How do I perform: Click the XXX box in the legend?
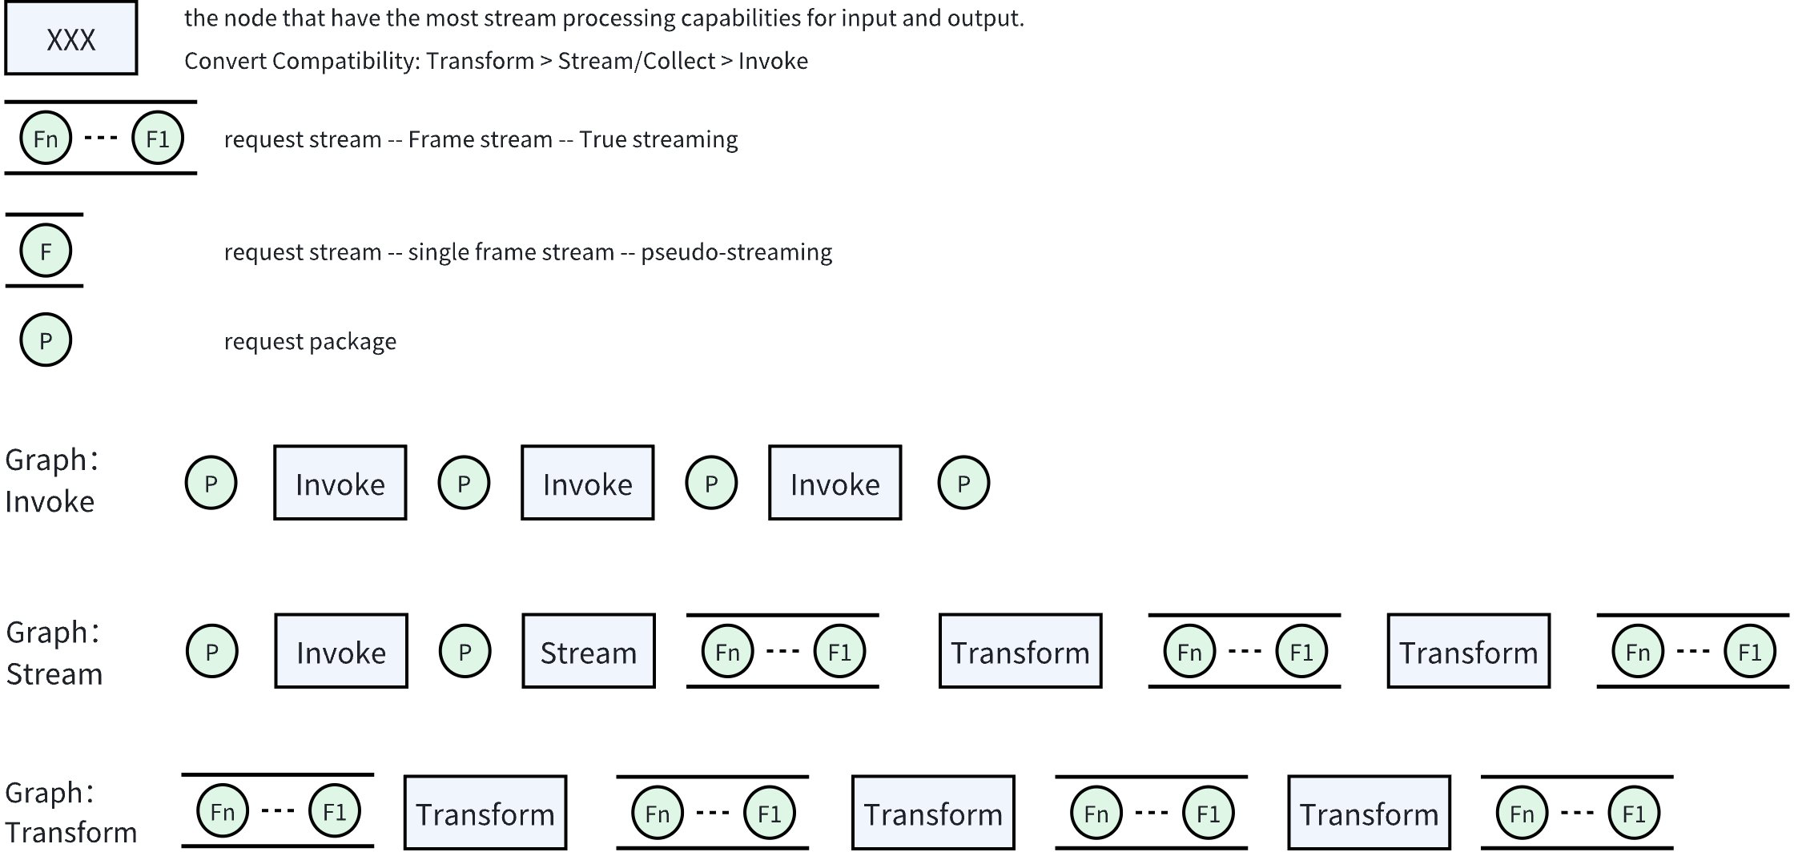coord(71,38)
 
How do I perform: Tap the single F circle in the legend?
coord(46,251)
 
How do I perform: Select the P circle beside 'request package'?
coord(46,340)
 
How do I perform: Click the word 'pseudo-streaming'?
coord(736,252)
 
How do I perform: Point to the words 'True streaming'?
coord(658,139)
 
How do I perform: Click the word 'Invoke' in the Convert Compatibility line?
coord(773,61)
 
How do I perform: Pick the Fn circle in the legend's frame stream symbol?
coord(46,139)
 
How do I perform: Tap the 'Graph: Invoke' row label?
coord(50,480)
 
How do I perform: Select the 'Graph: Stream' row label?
coord(54,653)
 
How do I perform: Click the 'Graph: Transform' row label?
coord(70,813)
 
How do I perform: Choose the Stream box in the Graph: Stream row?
coord(589,652)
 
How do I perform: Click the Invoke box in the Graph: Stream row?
coord(341,652)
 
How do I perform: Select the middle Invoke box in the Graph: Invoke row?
coord(588,483)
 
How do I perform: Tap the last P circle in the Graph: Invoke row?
coord(963,483)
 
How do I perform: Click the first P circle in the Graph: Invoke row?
coord(211,483)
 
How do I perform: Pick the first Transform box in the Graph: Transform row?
coord(485,813)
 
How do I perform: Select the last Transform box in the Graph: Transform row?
coord(1369,813)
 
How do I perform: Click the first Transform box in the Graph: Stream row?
coord(1020,652)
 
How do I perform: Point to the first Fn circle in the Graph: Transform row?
coord(223,811)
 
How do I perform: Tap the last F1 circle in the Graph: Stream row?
coord(1749,652)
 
